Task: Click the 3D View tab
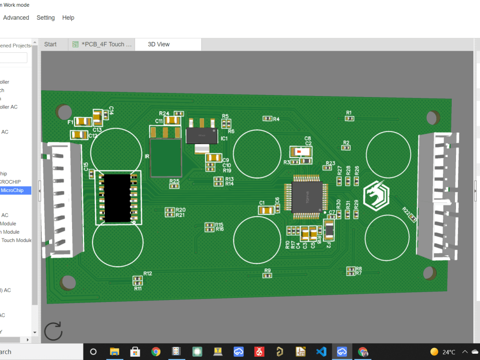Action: [158, 44]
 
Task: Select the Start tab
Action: [50, 44]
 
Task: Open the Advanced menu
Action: [16, 18]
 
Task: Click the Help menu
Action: [68, 18]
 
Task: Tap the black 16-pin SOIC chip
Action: [117, 198]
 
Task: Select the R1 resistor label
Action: [349, 113]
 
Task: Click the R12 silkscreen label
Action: [147, 274]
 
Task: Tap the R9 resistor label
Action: [267, 271]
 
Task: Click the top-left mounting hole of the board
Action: [63, 112]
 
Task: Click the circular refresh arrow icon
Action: [53, 332]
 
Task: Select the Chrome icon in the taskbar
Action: [156, 352]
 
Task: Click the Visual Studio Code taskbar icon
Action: [321, 352]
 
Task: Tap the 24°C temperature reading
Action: [449, 352]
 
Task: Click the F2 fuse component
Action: [329, 230]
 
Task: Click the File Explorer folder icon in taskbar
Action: [114, 352]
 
